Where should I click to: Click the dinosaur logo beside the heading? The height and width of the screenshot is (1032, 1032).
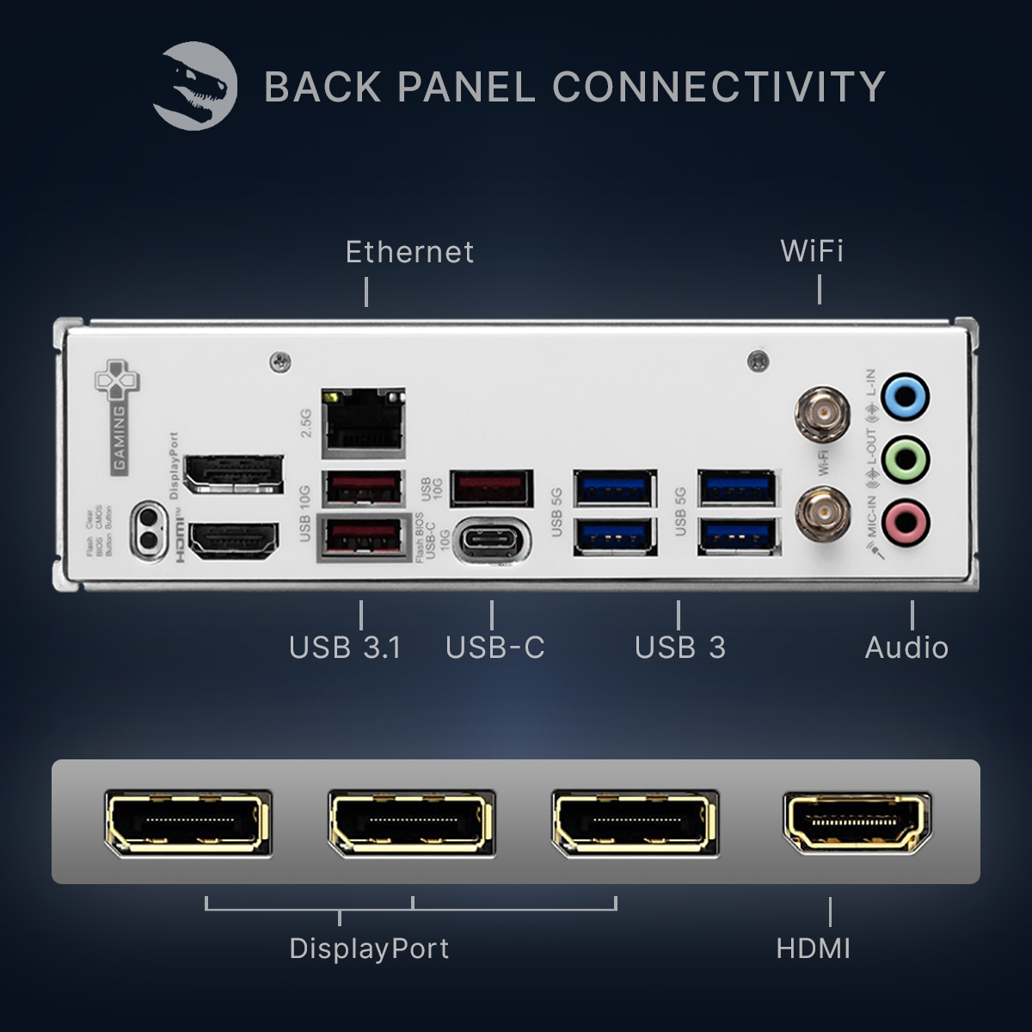(194, 86)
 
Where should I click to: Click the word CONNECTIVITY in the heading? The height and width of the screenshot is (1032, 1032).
(718, 87)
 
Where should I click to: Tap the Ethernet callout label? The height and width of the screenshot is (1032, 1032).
(409, 252)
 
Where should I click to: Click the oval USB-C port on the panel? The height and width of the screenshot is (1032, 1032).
(491, 542)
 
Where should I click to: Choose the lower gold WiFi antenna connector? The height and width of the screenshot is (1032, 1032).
(822, 514)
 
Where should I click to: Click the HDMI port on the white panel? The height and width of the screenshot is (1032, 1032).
(233, 542)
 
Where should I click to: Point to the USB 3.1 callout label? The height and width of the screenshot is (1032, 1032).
(345, 648)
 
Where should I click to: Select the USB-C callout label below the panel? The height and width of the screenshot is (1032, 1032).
(495, 648)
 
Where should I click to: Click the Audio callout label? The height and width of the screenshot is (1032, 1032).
(906, 648)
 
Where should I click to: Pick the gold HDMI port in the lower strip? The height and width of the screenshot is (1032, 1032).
(857, 823)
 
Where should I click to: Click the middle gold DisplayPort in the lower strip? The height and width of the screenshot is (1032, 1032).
(412, 823)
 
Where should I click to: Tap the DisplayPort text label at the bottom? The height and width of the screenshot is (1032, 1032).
(369, 949)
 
